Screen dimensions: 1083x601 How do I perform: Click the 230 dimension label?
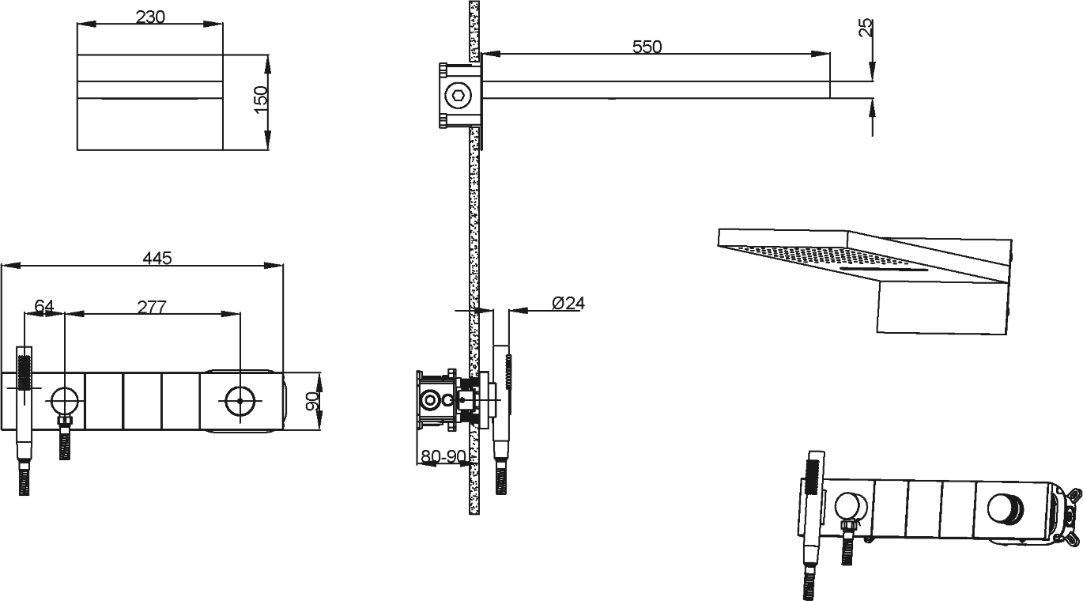[150, 17]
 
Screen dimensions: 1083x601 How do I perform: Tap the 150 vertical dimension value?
[261, 100]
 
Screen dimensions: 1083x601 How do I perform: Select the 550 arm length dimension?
[647, 47]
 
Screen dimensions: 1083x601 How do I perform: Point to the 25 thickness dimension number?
[866, 28]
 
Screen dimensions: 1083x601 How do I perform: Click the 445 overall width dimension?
[157, 259]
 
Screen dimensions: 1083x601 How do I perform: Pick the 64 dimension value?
[44, 306]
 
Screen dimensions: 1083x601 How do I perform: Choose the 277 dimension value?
[152, 307]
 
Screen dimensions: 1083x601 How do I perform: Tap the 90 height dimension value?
[313, 401]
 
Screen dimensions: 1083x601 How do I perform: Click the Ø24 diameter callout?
[568, 304]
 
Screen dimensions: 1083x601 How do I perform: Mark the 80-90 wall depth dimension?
[443, 456]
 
